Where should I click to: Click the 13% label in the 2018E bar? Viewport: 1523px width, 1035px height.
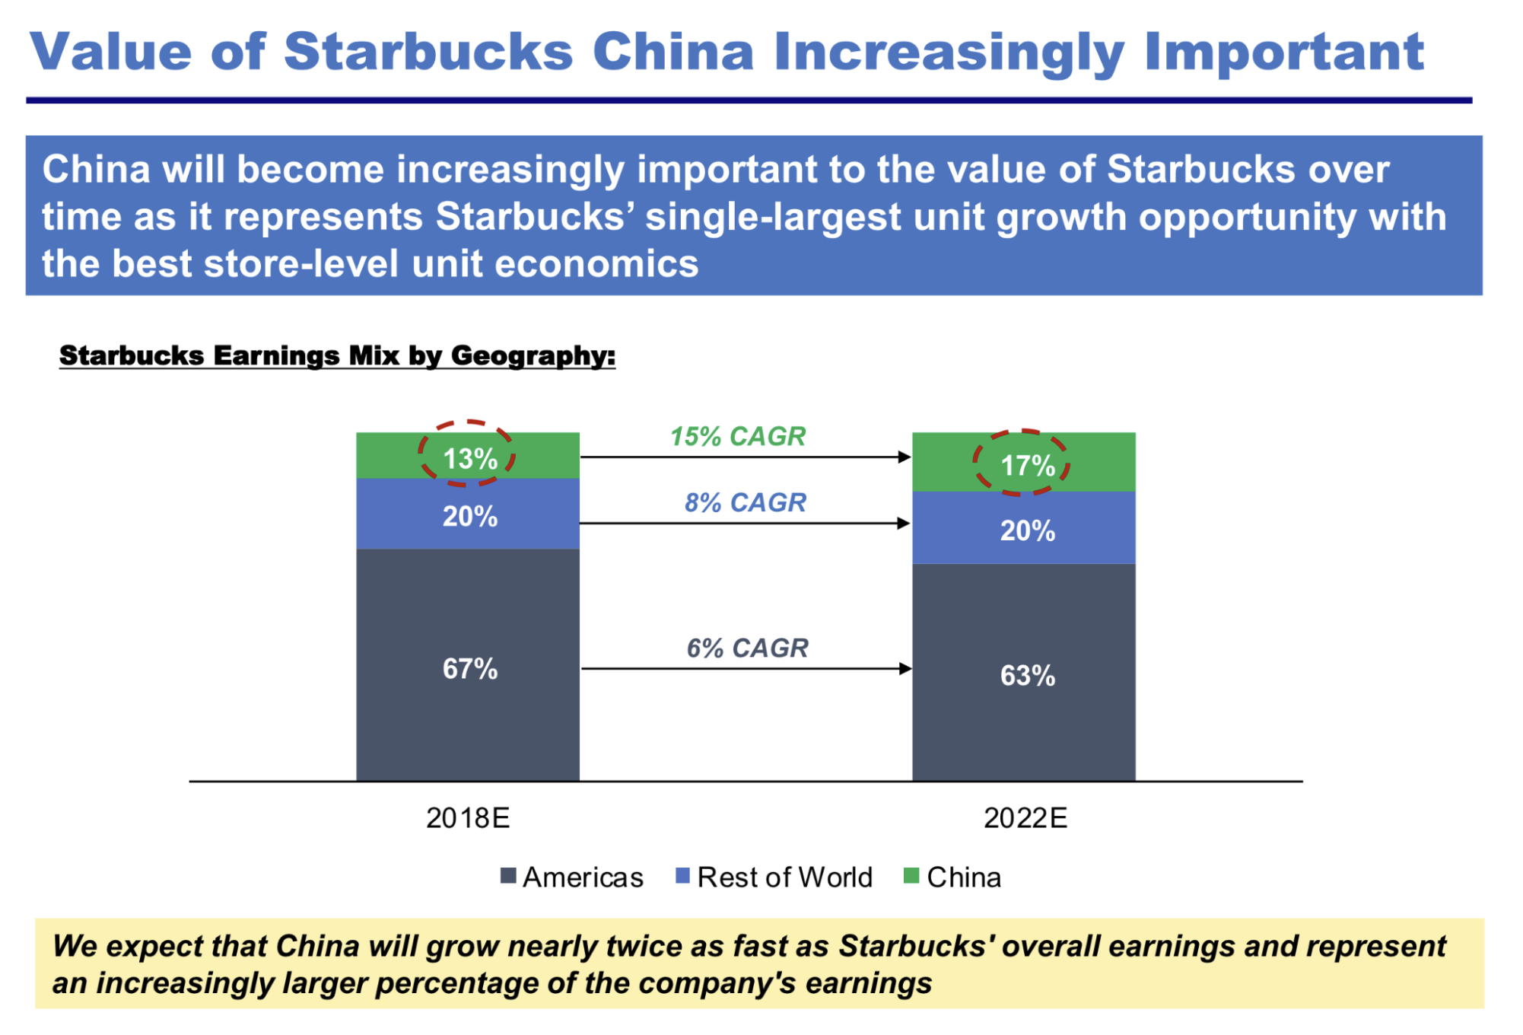469,459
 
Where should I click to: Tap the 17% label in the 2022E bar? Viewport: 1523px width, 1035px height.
1027,465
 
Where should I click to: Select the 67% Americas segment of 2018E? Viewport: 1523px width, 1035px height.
469,668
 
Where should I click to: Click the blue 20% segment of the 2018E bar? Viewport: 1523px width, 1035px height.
469,516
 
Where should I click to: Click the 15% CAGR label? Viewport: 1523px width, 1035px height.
737,436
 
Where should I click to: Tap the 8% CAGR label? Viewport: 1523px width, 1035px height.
745,502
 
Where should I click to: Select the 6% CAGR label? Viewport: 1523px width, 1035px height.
747,648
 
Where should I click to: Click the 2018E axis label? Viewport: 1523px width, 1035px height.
468,817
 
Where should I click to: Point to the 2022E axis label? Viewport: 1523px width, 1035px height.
1025,817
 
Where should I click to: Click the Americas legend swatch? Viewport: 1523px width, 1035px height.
508,876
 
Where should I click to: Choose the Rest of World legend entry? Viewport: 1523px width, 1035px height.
784,877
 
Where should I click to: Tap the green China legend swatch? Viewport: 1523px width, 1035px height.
911,876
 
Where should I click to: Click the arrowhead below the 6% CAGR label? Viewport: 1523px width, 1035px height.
905,669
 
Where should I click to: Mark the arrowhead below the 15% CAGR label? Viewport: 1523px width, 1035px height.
904,457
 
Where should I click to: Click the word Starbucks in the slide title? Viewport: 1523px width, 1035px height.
428,52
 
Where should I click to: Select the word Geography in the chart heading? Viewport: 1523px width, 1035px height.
533,355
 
